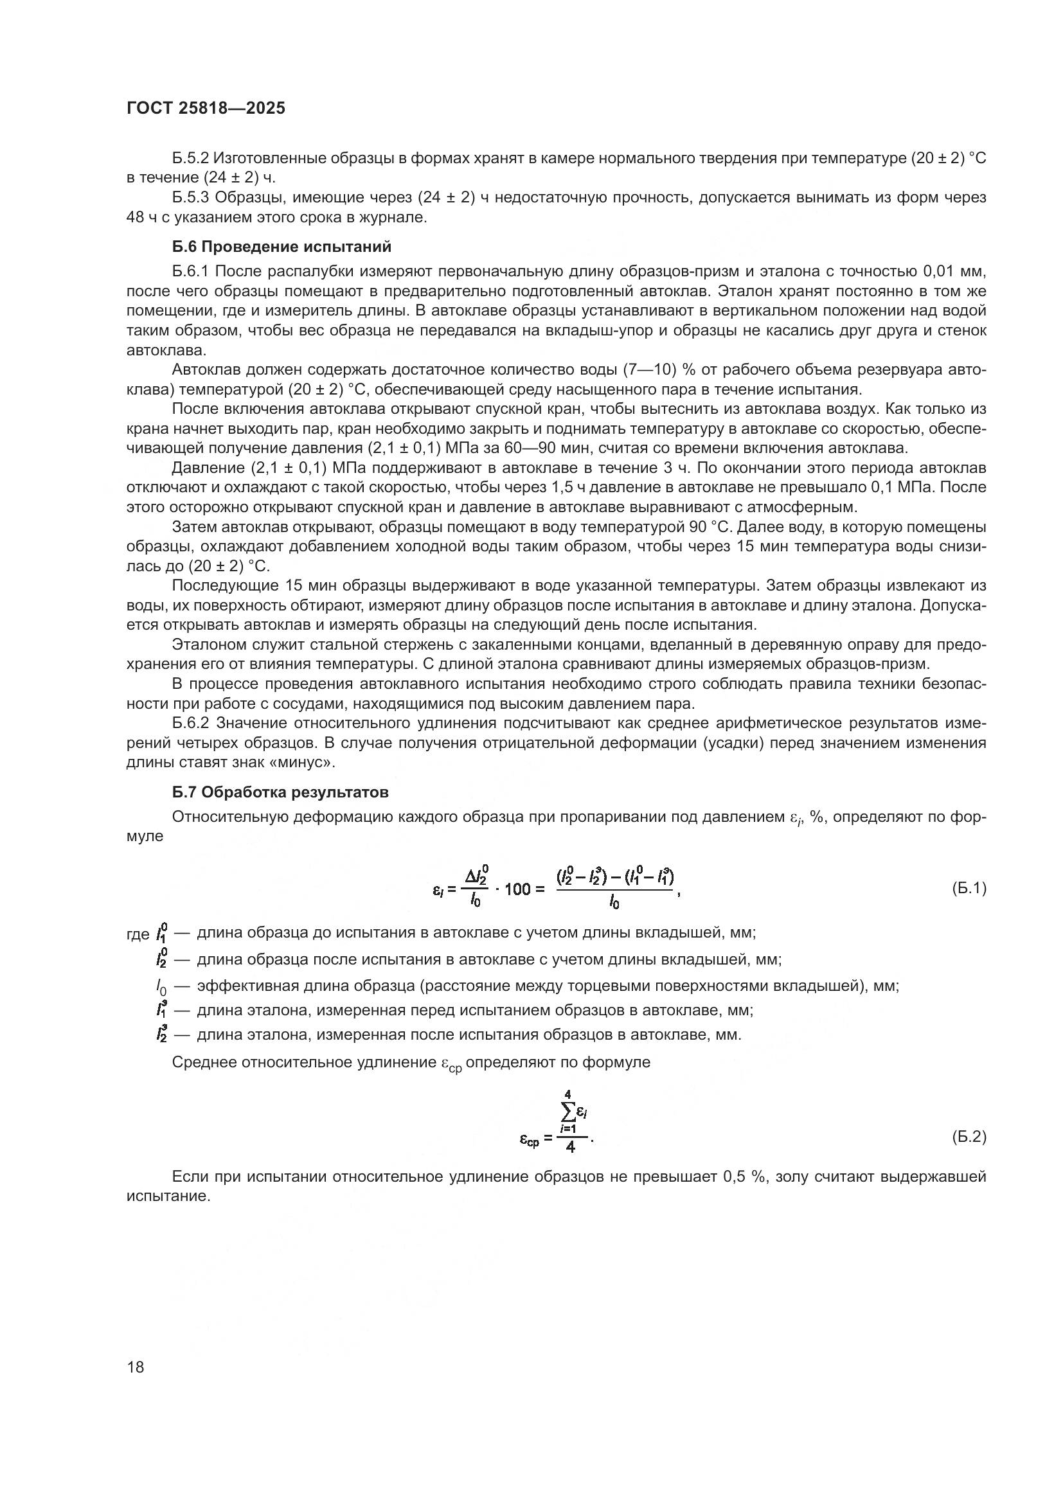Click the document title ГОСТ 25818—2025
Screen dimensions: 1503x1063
click(206, 109)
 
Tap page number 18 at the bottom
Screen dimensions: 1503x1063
click(136, 1367)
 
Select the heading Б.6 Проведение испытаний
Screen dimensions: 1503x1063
click(281, 247)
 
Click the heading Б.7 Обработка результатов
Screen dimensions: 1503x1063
click(280, 792)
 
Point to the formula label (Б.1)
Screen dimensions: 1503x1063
click(968, 888)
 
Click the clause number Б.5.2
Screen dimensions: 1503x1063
click(190, 158)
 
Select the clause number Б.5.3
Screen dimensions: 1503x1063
click(190, 197)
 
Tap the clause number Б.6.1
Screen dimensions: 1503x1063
click(190, 271)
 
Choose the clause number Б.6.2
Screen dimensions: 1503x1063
click(190, 723)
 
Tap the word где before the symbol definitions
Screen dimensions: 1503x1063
click(138, 934)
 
